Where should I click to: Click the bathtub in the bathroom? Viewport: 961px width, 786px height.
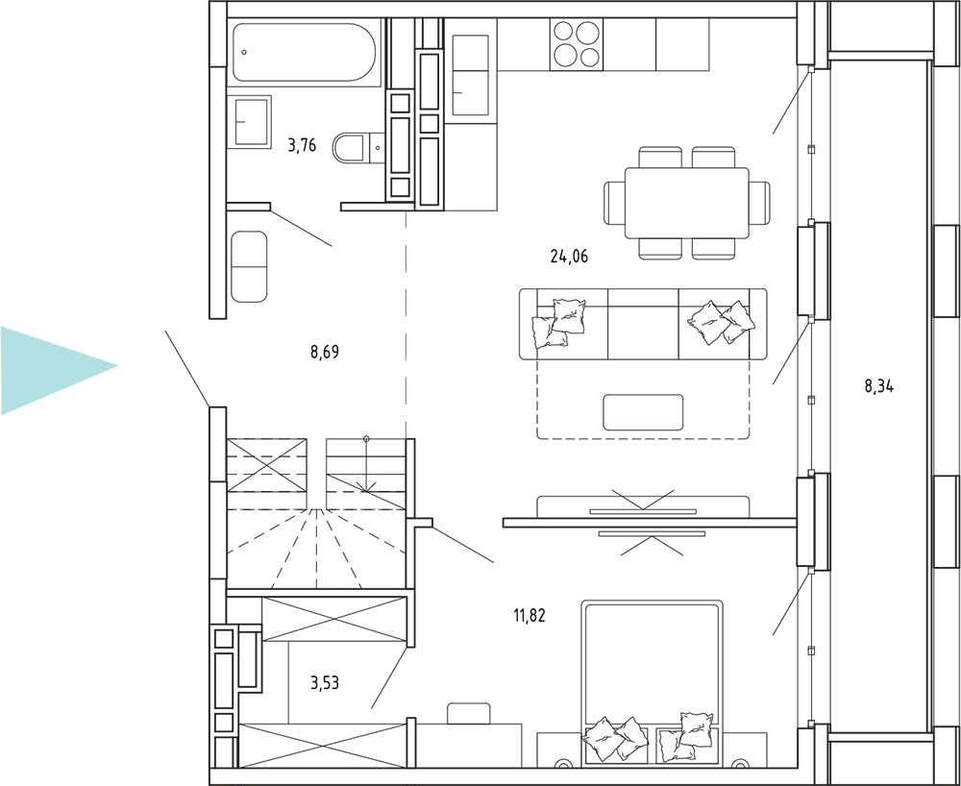[x=304, y=53]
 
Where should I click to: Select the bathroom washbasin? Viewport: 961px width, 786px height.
[x=250, y=122]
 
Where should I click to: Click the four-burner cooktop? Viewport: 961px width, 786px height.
[x=577, y=44]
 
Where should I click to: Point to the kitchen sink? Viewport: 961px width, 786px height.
[x=470, y=75]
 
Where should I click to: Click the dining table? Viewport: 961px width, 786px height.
[x=686, y=203]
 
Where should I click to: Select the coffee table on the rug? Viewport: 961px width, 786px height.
[x=643, y=412]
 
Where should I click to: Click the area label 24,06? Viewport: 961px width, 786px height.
[x=569, y=257]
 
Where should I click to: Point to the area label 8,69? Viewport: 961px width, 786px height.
[x=325, y=353]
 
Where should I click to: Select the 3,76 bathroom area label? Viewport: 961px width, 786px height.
[x=302, y=145]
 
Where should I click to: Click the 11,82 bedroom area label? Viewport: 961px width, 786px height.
[x=529, y=615]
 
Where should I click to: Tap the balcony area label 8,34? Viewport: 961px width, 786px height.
[x=879, y=386]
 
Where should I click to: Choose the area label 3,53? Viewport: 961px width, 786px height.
[x=325, y=682]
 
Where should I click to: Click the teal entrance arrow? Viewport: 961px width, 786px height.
[x=59, y=370]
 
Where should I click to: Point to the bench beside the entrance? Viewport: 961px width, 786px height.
[x=250, y=266]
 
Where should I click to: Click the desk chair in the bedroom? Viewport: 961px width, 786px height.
[x=469, y=713]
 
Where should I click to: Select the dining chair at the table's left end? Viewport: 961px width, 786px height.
[x=615, y=203]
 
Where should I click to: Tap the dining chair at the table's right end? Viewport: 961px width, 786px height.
[x=759, y=203]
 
